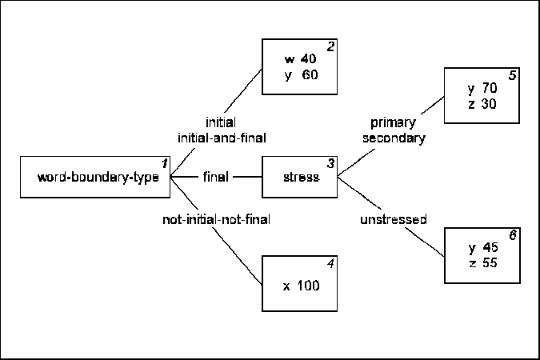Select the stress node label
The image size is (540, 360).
(x=300, y=178)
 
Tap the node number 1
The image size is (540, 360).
(x=165, y=163)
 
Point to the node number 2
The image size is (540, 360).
(x=330, y=46)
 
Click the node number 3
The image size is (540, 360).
(x=330, y=163)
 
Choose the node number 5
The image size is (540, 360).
(x=513, y=76)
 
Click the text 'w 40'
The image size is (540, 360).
(x=300, y=59)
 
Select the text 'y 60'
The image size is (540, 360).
(x=300, y=74)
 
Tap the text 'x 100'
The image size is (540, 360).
(x=301, y=286)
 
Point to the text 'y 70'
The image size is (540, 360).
(x=482, y=88)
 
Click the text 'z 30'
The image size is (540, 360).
(x=482, y=103)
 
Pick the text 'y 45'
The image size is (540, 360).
(x=483, y=247)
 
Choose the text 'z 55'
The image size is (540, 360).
(x=483, y=262)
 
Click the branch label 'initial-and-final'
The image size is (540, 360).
(x=221, y=138)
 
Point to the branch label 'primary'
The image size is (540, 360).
(x=393, y=122)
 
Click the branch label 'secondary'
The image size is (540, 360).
(x=393, y=138)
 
